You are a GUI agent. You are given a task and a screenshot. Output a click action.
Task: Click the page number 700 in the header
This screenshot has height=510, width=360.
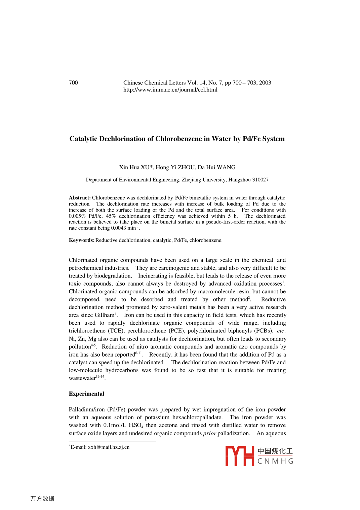tap(73, 83)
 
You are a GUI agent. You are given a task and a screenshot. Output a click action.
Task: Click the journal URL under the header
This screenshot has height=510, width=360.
tap(170, 90)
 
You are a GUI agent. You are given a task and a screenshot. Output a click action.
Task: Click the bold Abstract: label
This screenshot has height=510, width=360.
tap(80, 198)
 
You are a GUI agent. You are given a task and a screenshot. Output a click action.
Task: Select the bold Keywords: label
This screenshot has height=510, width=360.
tap(81, 240)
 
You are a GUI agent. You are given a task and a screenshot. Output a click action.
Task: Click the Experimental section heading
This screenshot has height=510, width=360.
tap(86, 394)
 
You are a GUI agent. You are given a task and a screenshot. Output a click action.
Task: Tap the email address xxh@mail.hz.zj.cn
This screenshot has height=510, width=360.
tap(109, 447)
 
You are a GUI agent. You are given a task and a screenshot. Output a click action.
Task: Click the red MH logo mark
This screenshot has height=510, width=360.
tap(239, 456)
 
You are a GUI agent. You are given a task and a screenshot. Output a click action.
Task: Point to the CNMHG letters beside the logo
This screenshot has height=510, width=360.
tap(275, 461)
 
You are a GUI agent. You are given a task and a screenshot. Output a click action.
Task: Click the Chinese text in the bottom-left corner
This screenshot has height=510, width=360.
tap(42, 499)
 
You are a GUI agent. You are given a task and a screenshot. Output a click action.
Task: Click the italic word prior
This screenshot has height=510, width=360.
tap(209, 433)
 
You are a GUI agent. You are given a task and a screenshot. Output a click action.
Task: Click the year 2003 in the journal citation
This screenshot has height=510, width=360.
tap(265, 83)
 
